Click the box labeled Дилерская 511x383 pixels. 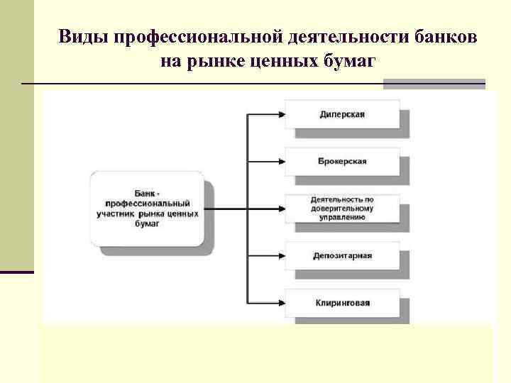pos(341,113)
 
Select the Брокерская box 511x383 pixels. pos(341,161)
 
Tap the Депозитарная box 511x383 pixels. pos(341,255)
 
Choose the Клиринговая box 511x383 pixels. pos(341,303)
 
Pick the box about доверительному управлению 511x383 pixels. pos(341,208)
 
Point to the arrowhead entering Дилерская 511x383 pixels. pos(281,113)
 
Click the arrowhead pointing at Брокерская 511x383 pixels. pos(281,161)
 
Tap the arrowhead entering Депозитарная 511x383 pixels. pos(281,255)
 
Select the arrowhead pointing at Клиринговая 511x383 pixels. pos(281,303)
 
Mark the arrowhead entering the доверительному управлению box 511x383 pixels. pos(281,209)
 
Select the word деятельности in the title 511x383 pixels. pos(344,36)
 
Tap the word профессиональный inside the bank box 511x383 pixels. pos(143,203)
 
